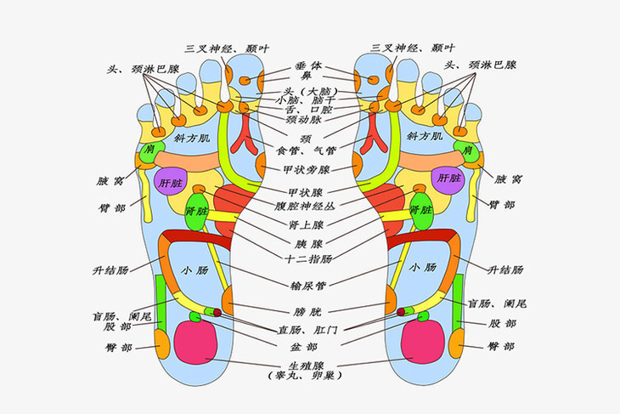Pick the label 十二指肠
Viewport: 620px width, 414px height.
tap(309, 258)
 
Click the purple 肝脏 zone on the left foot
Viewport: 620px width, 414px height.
tap(169, 182)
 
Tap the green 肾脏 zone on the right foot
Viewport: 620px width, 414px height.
tap(421, 211)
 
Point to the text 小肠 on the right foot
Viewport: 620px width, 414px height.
tap(422, 268)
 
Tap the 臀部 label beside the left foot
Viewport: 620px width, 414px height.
tap(117, 347)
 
